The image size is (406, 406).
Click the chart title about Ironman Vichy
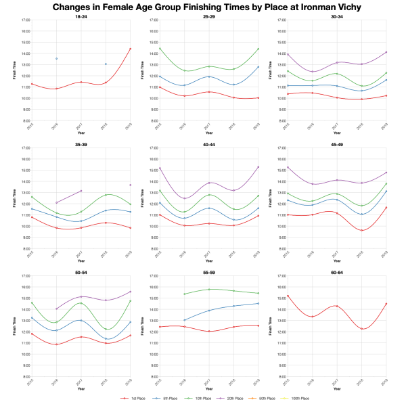point(203,7)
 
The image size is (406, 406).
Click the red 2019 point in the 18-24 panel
point(130,49)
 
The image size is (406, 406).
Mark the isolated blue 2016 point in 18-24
point(56,59)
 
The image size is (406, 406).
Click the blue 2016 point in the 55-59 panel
point(184,320)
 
